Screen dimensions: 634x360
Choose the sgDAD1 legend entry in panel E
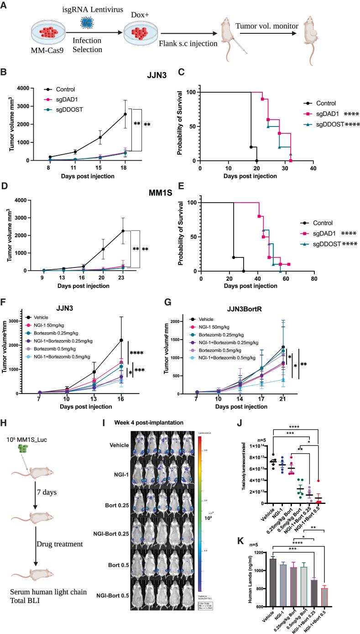(327, 233)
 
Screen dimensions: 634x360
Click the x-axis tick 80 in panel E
(313, 278)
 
